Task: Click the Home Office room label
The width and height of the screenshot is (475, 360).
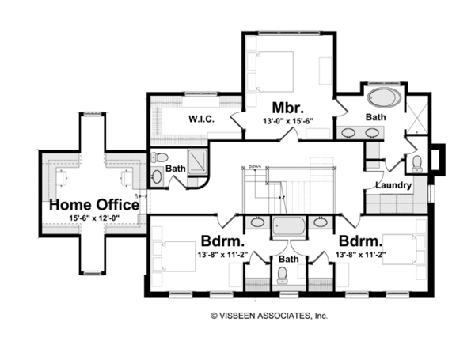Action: (94, 205)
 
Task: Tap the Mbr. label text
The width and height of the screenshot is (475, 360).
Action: (284, 107)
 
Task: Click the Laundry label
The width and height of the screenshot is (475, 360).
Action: (393, 186)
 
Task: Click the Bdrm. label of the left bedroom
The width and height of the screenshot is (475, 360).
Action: (222, 240)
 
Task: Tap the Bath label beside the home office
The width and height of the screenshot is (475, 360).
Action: (175, 168)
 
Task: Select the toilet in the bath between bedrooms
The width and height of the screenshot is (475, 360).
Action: (283, 276)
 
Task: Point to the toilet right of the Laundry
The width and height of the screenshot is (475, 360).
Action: (418, 164)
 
